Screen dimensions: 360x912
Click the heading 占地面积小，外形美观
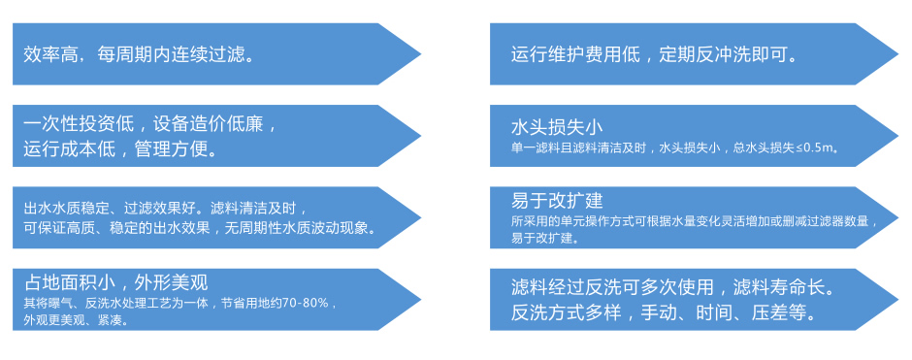coord(116,283)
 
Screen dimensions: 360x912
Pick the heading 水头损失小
coord(557,128)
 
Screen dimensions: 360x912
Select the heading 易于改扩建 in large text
coord(557,201)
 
